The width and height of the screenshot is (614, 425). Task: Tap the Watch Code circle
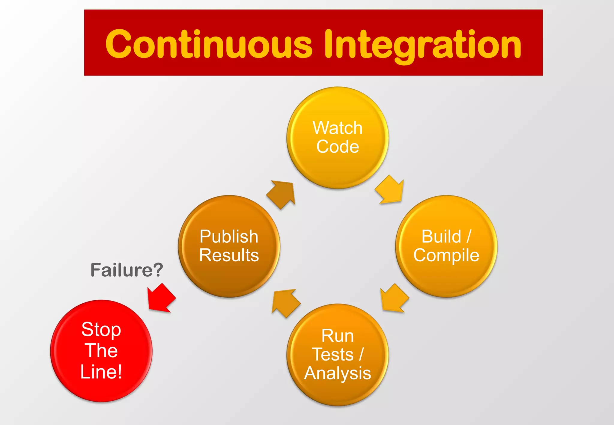tap(338, 168)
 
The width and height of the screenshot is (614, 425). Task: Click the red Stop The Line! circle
tap(101, 390)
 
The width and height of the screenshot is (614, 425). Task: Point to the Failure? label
tap(127, 270)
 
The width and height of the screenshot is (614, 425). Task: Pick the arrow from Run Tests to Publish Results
tap(285, 303)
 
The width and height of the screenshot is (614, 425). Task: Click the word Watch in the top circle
tap(338, 128)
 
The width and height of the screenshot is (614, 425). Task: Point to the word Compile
tap(446, 255)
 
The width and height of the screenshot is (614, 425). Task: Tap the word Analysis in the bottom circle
tap(338, 373)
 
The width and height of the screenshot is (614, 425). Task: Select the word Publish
tap(229, 236)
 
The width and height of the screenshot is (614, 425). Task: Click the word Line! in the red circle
tap(101, 372)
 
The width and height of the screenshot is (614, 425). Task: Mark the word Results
tap(229, 255)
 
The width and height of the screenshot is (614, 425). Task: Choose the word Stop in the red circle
tap(101, 329)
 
